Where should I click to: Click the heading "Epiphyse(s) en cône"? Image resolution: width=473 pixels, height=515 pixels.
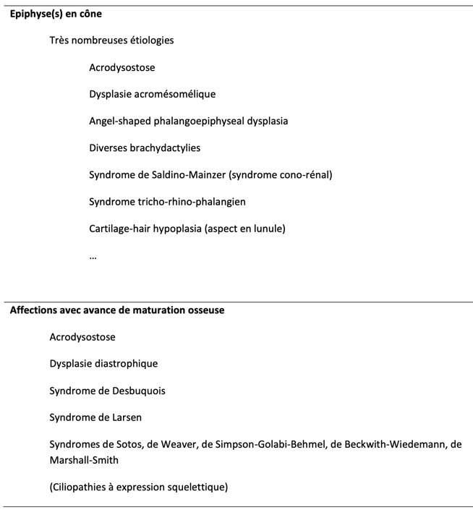click(x=56, y=14)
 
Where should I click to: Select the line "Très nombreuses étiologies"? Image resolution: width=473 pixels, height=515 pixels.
click(x=111, y=41)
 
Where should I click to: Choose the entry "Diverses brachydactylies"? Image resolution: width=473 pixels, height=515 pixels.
click(x=145, y=148)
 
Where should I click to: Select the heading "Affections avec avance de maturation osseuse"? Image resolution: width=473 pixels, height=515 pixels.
click(x=117, y=310)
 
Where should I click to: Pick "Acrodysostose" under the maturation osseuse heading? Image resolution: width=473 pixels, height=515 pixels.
click(x=82, y=337)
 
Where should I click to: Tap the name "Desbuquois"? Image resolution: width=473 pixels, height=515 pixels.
click(x=138, y=391)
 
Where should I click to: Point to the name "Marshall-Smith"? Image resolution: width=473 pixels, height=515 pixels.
click(x=82, y=459)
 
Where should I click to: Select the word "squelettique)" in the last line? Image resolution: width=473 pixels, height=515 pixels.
click(x=197, y=487)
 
